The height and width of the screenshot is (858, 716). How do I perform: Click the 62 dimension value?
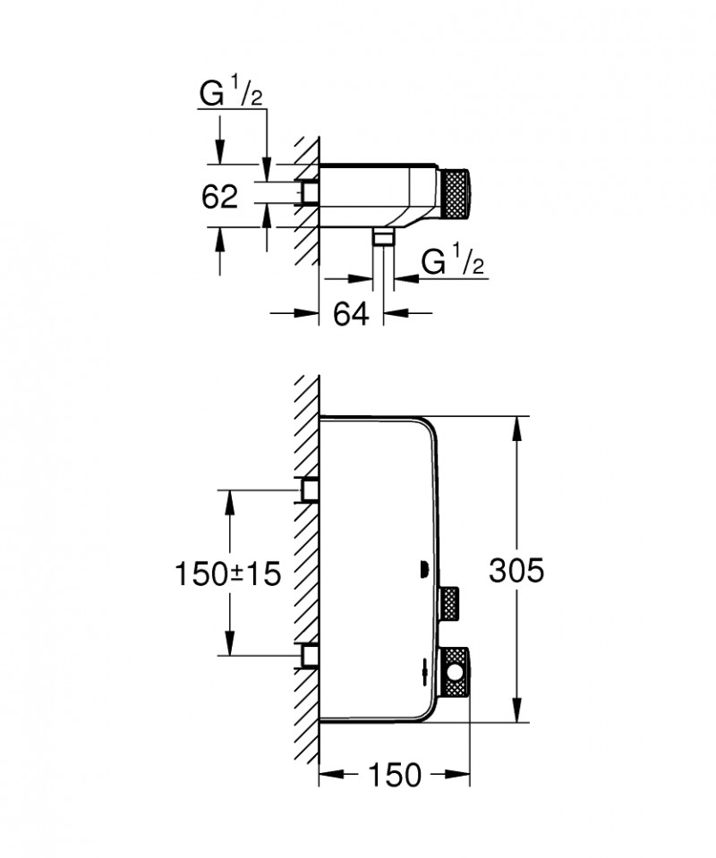[220, 196]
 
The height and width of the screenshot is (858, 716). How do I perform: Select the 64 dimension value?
[352, 314]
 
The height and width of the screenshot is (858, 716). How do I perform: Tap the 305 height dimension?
[516, 570]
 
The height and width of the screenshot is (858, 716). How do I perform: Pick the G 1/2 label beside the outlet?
[451, 264]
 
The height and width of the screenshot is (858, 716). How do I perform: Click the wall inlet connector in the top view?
[310, 191]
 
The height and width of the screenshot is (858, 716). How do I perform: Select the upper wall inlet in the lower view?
[310, 489]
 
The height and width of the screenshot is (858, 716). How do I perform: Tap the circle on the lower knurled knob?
[456, 672]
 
